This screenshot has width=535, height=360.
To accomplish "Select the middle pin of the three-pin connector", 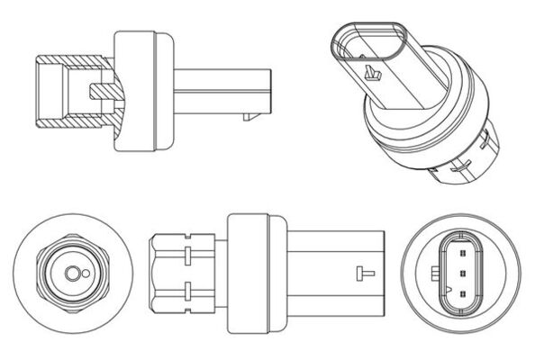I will coord(461,274).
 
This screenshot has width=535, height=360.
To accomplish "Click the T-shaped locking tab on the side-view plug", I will coord(365,273).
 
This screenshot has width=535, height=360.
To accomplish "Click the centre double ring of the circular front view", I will coord(68,274).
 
